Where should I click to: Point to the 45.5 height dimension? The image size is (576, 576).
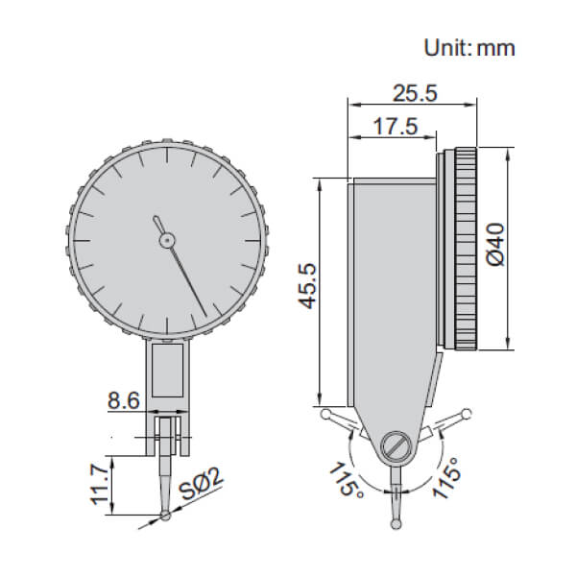coord(304,287)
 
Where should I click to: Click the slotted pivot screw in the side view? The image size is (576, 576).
coord(396,445)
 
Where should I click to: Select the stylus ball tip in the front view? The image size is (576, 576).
coord(168,518)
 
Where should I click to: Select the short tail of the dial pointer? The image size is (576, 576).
coord(157,223)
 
